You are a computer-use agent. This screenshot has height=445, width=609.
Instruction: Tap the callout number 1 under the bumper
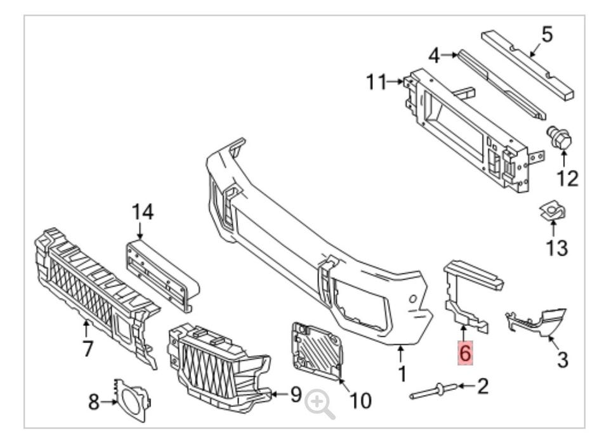tap(402, 373)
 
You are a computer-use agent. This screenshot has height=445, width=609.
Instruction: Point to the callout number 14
tap(143, 212)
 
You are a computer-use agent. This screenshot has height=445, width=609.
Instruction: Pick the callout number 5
tap(547, 35)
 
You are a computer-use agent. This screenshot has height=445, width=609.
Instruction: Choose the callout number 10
tap(360, 400)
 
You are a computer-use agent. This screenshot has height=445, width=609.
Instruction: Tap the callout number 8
tap(94, 402)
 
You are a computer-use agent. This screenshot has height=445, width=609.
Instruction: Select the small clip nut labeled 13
tap(553, 212)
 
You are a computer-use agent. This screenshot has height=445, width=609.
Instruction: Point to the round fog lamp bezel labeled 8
tap(131, 401)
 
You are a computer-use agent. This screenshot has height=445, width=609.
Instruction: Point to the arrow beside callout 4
tap(451, 55)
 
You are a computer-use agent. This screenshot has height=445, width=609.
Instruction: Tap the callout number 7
tap(88, 348)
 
